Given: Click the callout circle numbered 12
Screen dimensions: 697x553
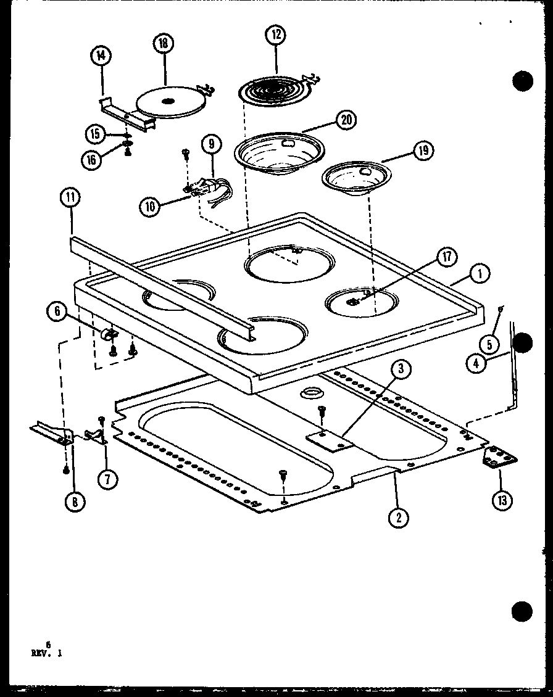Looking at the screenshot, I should [275, 35].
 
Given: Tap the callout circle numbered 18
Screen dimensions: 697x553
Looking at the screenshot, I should [164, 44].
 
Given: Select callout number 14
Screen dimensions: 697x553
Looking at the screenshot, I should [101, 56].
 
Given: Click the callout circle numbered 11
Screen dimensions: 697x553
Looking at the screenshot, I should [70, 199].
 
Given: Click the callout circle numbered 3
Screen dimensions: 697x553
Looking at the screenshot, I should [400, 370].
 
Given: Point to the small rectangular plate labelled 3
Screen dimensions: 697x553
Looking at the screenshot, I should [329, 440].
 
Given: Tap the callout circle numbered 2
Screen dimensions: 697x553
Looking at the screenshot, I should [399, 518].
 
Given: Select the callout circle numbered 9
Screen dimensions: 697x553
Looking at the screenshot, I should [211, 145].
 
